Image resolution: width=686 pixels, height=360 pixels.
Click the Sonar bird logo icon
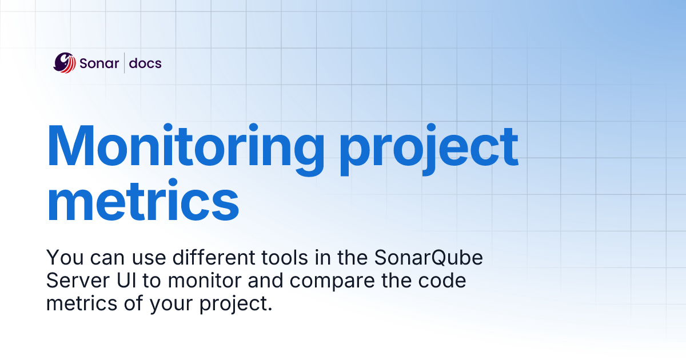point(65,62)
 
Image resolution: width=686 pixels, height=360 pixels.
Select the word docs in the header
point(145,63)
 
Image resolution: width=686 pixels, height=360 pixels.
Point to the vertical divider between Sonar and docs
point(125,63)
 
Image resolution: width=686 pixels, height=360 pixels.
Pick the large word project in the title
point(429,146)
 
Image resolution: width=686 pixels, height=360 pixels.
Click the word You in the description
point(61,258)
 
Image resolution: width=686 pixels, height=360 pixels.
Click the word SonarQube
point(429,258)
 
